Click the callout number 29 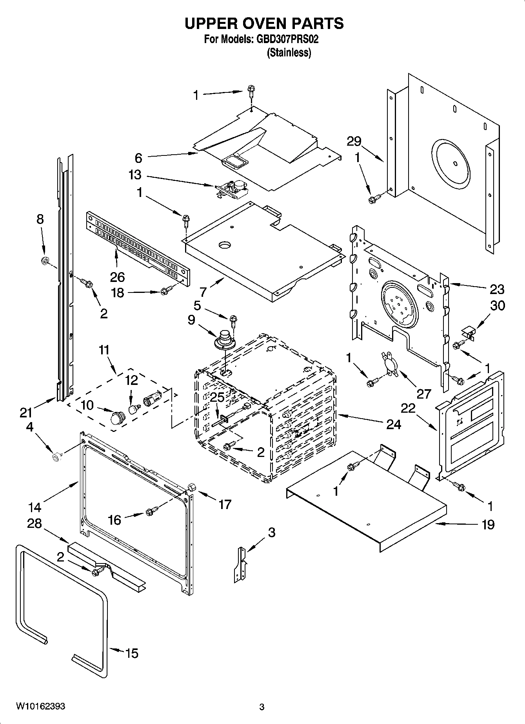click(354, 141)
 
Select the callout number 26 click(117, 277)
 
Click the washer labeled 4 click(56, 457)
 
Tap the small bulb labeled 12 click(133, 409)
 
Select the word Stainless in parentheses click(289, 53)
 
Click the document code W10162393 click(40, 706)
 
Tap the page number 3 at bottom click(262, 707)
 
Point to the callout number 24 click(393, 424)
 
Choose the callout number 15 click(132, 653)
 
